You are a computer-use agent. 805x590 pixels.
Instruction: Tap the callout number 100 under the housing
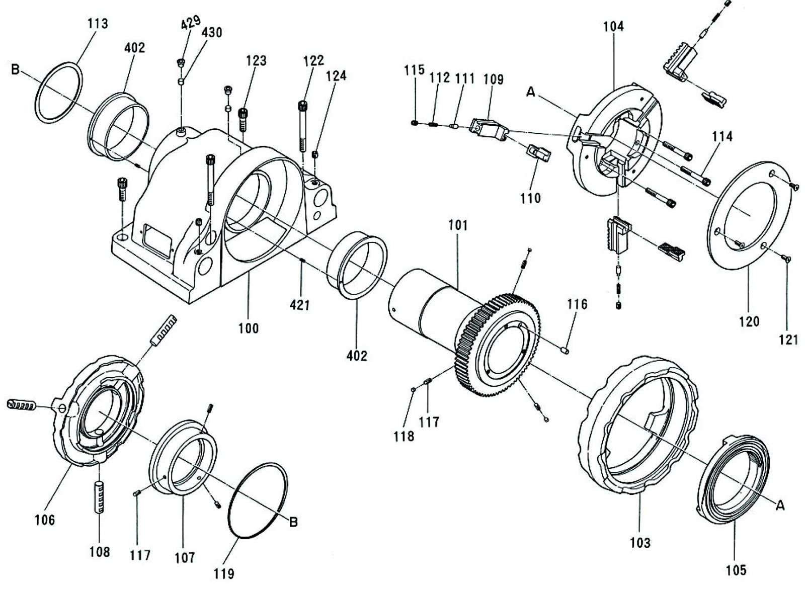249,328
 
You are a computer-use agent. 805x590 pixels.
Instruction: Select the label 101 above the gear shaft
458,225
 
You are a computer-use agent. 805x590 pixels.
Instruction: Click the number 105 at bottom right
736,570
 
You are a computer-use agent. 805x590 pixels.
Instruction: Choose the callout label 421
300,304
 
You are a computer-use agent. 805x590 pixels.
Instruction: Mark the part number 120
749,321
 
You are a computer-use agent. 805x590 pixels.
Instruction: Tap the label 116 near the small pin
577,304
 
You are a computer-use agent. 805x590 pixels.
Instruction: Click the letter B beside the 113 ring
16,70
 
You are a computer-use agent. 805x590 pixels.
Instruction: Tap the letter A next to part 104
531,92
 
